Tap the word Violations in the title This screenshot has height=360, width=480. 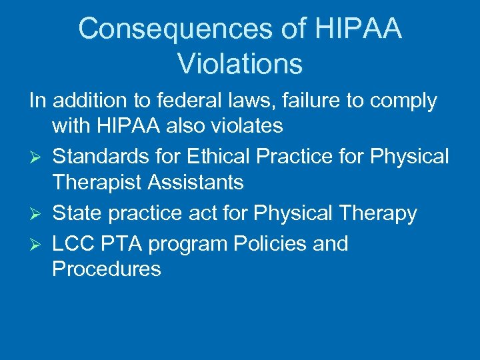click(x=240, y=64)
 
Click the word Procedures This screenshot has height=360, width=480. click(x=107, y=269)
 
